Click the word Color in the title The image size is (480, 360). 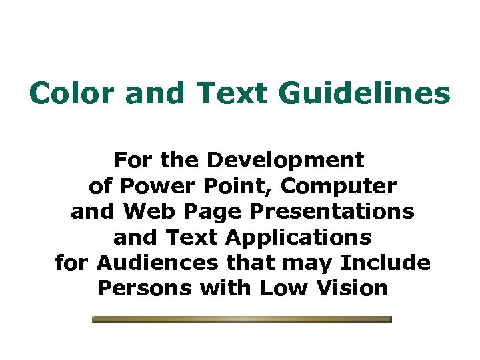pos(72,93)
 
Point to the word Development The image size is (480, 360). pos(286,161)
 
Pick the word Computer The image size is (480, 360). pos(341,186)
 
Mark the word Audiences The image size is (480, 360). pos(157,262)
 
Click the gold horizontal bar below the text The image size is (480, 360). pos(241,319)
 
